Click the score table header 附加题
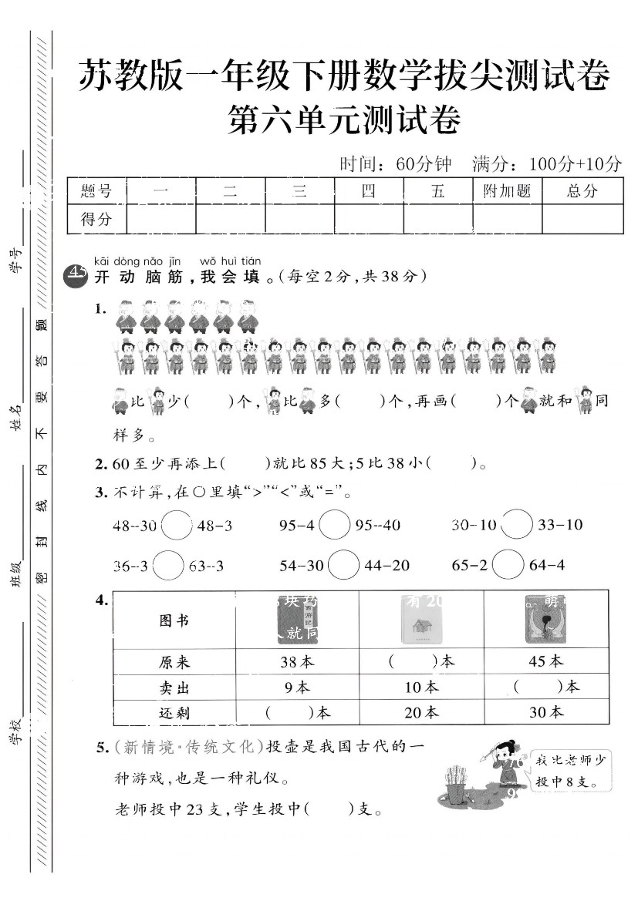tap(507, 191)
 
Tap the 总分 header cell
tap(582, 191)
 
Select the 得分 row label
tap(96, 219)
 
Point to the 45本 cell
tap(545, 661)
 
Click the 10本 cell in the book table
tap(421, 687)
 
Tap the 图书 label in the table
tap(174, 620)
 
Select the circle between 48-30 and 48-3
tap(177, 526)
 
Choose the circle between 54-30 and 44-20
tap(344, 566)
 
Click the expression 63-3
tap(206, 566)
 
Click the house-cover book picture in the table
tap(420, 620)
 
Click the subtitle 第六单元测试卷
tap(344, 121)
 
